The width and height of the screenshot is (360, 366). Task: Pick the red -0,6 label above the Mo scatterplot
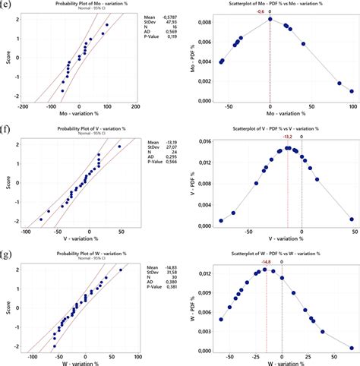click(261, 12)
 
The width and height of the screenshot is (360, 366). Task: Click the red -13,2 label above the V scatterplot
click(288, 137)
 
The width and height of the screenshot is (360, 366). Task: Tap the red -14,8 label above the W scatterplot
click(267, 261)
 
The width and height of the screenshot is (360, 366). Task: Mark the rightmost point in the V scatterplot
click(352, 219)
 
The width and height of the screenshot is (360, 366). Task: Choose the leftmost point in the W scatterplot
click(221, 320)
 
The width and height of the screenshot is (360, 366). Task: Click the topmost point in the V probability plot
click(119, 147)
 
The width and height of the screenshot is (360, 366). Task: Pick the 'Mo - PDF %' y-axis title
click(192, 56)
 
